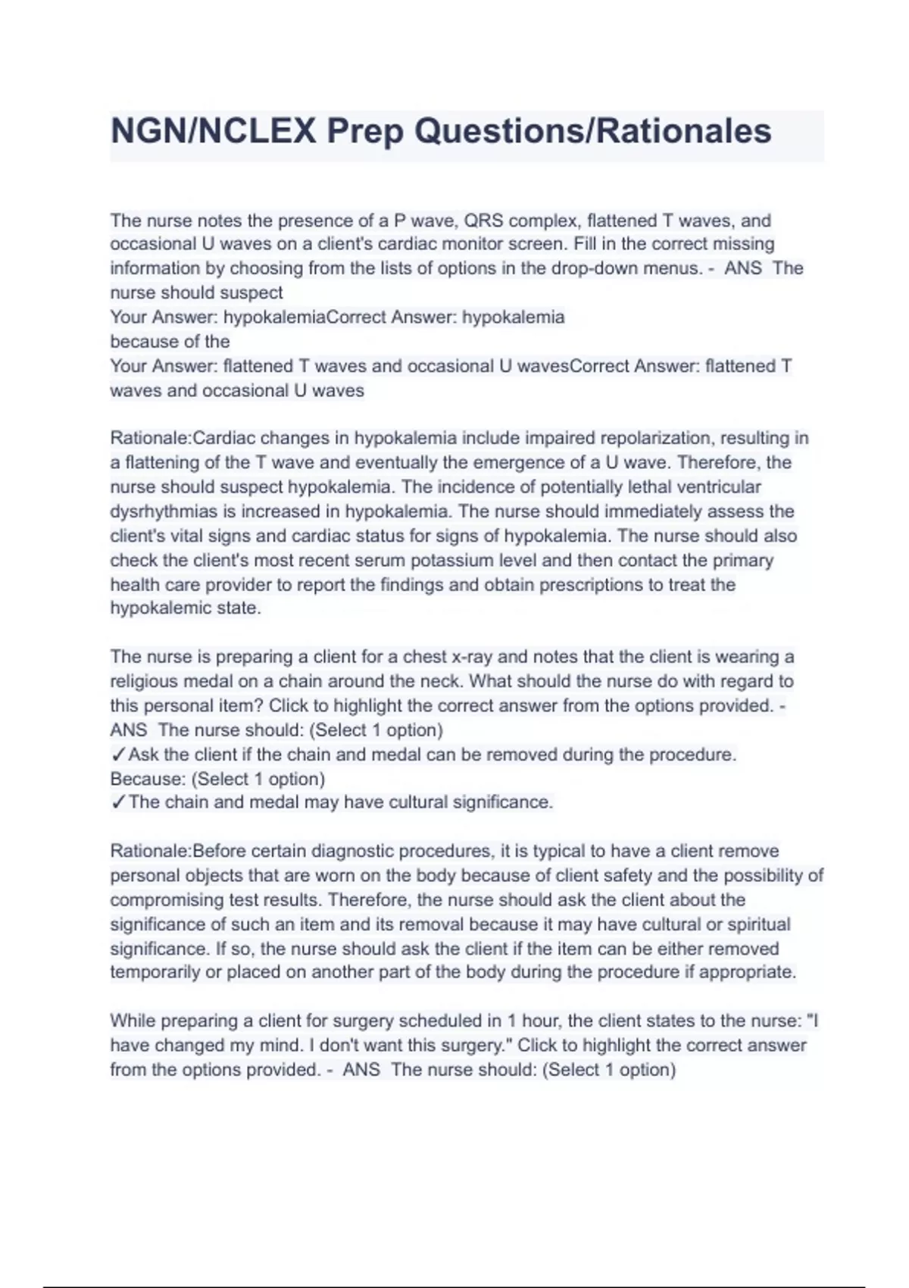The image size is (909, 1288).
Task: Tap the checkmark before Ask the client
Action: pos(117,755)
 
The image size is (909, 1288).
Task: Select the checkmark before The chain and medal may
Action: pos(117,802)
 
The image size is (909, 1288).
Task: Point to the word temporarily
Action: pos(155,972)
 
